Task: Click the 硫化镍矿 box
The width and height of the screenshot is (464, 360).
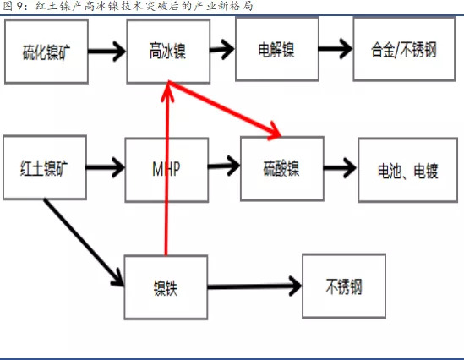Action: click(x=46, y=52)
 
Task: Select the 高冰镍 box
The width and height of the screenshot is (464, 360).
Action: click(x=168, y=52)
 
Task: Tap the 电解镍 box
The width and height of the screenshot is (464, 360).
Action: click(x=277, y=49)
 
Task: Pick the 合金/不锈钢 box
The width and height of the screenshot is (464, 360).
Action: click(x=404, y=49)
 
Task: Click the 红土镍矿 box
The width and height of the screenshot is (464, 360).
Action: click(x=45, y=167)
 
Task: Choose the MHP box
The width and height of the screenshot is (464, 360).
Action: click(x=166, y=170)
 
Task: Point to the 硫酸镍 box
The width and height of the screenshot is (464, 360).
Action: click(x=282, y=169)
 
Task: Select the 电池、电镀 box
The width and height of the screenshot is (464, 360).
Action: click(x=407, y=170)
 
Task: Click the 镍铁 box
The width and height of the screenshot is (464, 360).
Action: click(x=166, y=287)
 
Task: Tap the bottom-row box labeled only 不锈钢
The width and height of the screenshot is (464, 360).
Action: click(x=344, y=286)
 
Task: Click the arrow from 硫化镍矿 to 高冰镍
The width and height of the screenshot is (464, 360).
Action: click(x=107, y=52)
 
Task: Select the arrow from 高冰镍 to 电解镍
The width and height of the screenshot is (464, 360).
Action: click(x=222, y=49)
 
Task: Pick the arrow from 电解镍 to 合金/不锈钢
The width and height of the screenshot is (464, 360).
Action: click(x=336, y=48)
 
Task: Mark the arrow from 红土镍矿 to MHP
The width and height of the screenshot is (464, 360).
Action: click(x=106, y=167)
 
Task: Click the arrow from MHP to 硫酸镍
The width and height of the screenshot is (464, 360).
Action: click(x=224, y=166)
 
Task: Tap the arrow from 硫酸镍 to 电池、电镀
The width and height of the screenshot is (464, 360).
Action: click(x=341, y=167)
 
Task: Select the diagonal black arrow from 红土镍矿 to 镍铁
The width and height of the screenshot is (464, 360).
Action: click(x=84, y=243)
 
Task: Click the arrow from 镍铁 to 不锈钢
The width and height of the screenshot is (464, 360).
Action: click(x=254, y=286)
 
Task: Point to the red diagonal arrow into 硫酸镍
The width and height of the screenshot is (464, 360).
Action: click(x=224, y=110)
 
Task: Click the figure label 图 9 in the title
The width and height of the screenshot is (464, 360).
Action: click(x=13, y=6)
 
